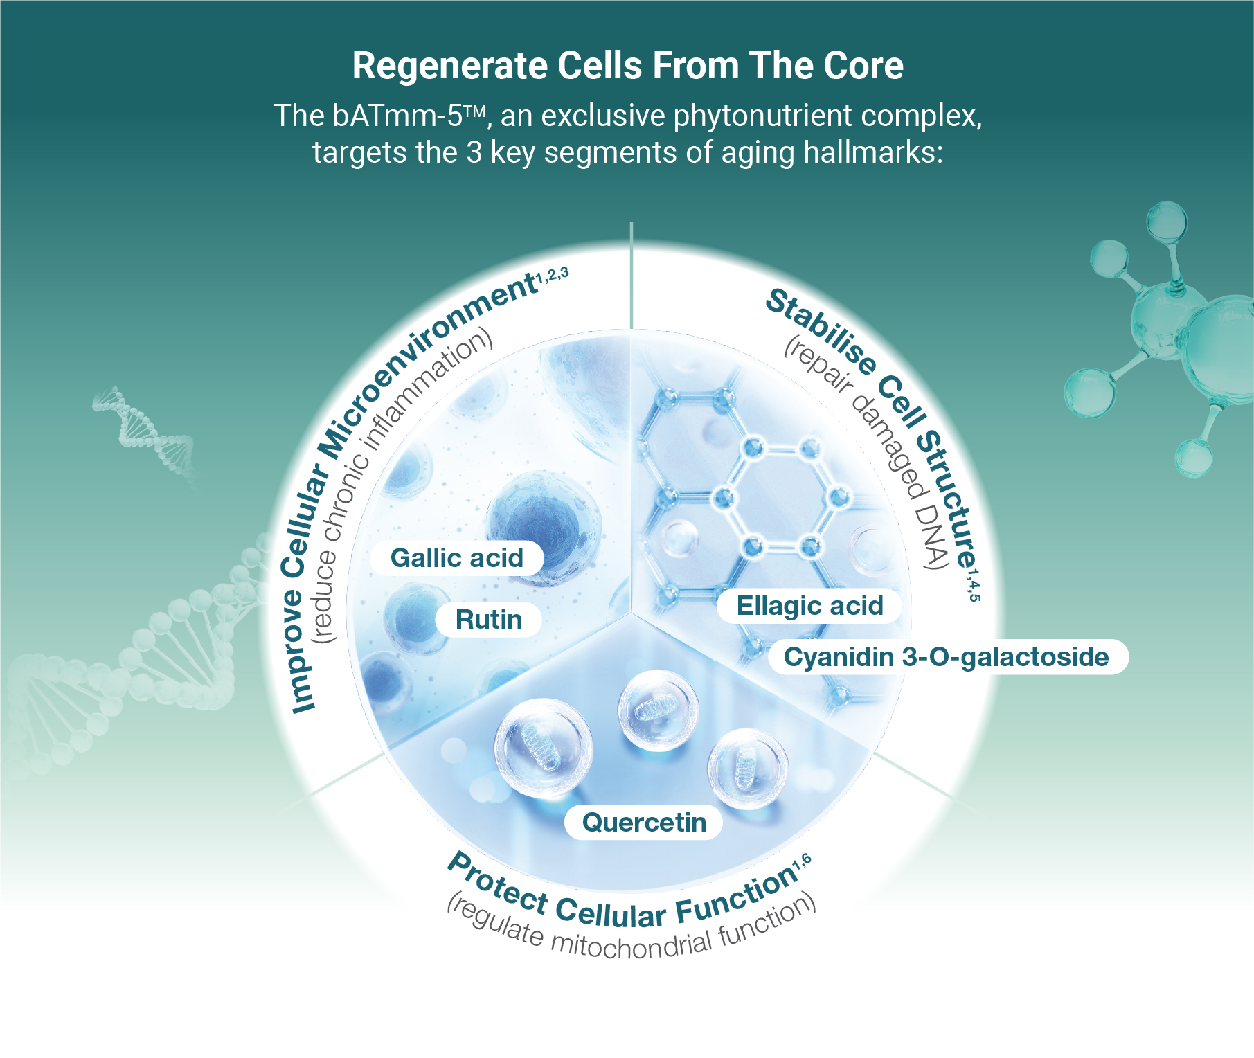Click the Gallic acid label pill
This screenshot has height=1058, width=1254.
click(x=457, y=558)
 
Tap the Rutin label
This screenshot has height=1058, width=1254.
click(x=489, y=620)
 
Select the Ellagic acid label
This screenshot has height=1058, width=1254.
click(x=809, y=606)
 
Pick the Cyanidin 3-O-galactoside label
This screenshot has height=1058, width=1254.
click(x=948, y=656)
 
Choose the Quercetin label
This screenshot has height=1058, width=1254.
click(x=644, y=823)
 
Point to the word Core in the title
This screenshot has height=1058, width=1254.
click(x=863, y=66)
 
